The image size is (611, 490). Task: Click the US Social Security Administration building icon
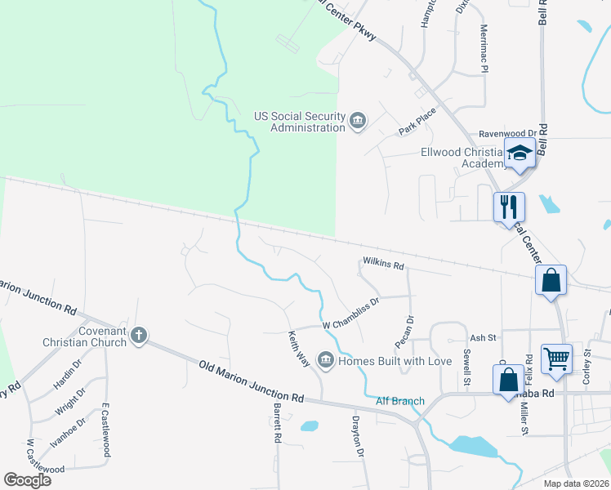click(x=357, y=122)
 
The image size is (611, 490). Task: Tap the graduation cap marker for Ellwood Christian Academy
click(x=520, y=154)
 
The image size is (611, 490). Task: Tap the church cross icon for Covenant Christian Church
click(x=139, y=335)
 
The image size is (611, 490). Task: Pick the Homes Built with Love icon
click(x=325, y=360)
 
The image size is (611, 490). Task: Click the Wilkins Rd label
click(x=384, y=265)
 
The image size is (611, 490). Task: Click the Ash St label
click(x=482, y=337)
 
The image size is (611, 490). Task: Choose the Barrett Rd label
click(x=278, y=423)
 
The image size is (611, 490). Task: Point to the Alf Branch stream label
click(x=400, y=401)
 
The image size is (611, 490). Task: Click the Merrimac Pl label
click(x=484, y=47)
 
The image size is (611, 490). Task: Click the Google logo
click(x=28, y=480)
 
